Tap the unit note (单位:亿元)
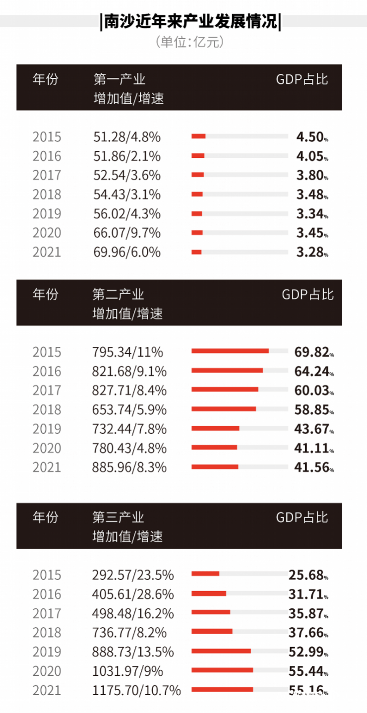[x=190, y=42]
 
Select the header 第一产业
[x=119, y=79]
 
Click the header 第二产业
[x=119, y=294]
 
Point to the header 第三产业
[x=119, y=517]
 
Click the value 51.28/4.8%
[x=127, y=137]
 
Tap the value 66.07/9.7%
[x=127, y=233]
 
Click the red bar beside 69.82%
[x=230, y=351]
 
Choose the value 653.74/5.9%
[x=129, y=410]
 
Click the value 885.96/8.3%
[x=129, y=467]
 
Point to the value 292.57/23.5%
[x=133, y=575]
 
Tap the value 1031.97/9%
[x=127, y=671]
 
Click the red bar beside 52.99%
[x=221, y=650]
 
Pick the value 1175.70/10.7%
[x=136, y=690]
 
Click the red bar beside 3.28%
[x=197, y=252]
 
